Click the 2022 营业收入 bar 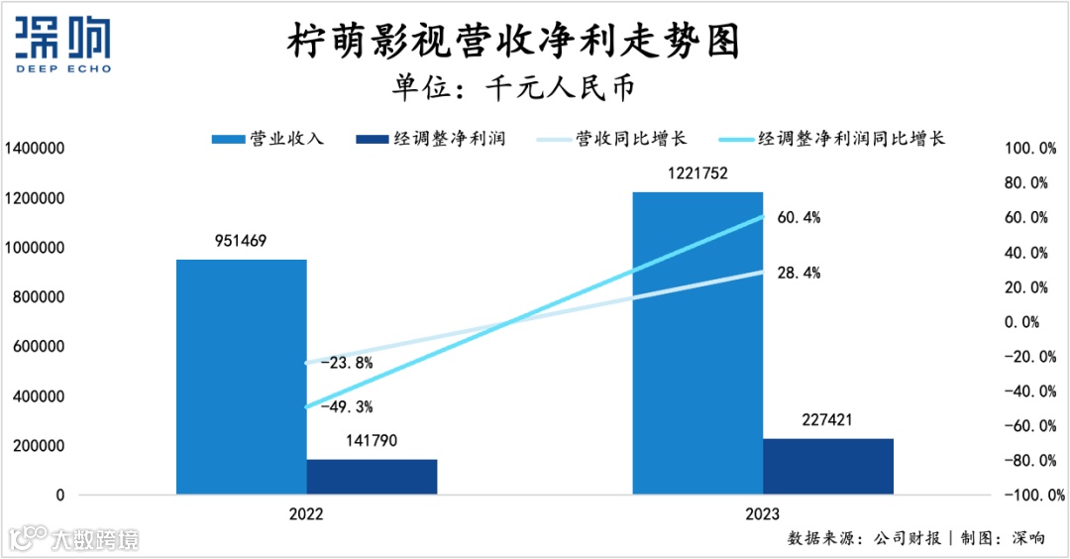point(241,377)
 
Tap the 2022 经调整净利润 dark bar point(372,477)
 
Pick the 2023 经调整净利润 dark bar point(828,466)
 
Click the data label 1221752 point(697,173)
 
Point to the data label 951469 point(241,241)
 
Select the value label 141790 point(372,441)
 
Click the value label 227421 point(828,420)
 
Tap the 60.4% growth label point(799,217)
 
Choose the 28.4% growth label point(799,273)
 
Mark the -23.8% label point(346,363)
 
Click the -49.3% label point(346,406)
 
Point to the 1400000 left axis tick point(35,149)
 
